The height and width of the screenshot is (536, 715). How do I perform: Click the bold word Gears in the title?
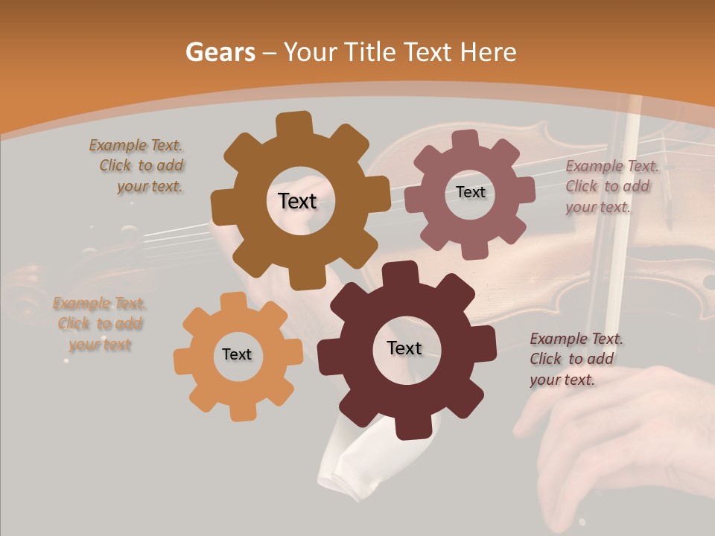(x=220, y=52)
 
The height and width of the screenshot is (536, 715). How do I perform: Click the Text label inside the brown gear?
(x=298, y=201)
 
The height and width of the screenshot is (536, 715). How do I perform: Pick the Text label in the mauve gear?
(x=471, y=192)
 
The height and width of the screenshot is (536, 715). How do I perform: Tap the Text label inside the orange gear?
(x=237, y=354)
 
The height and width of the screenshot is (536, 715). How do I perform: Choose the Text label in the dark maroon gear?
(x=404, y=348)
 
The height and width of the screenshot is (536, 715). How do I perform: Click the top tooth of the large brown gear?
(x=294, y=124)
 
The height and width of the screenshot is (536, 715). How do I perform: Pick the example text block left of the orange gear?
(x=100, y=324)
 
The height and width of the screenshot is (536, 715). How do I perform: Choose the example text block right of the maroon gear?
(x=575, y=359)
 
